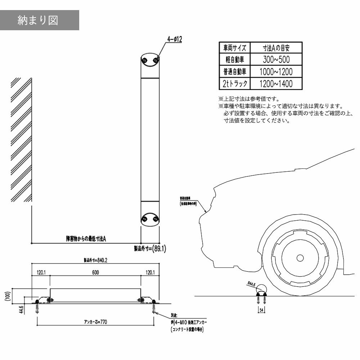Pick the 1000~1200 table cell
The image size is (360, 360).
[276, 72]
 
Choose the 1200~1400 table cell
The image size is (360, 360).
[276, 84]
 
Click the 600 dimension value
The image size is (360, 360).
[95, 273]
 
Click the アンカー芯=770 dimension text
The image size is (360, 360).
[95, 321]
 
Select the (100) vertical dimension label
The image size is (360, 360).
[8, 297]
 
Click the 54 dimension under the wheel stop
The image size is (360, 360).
[261, 310]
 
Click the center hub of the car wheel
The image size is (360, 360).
[300, 258]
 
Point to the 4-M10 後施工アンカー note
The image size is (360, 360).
[189, 323]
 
